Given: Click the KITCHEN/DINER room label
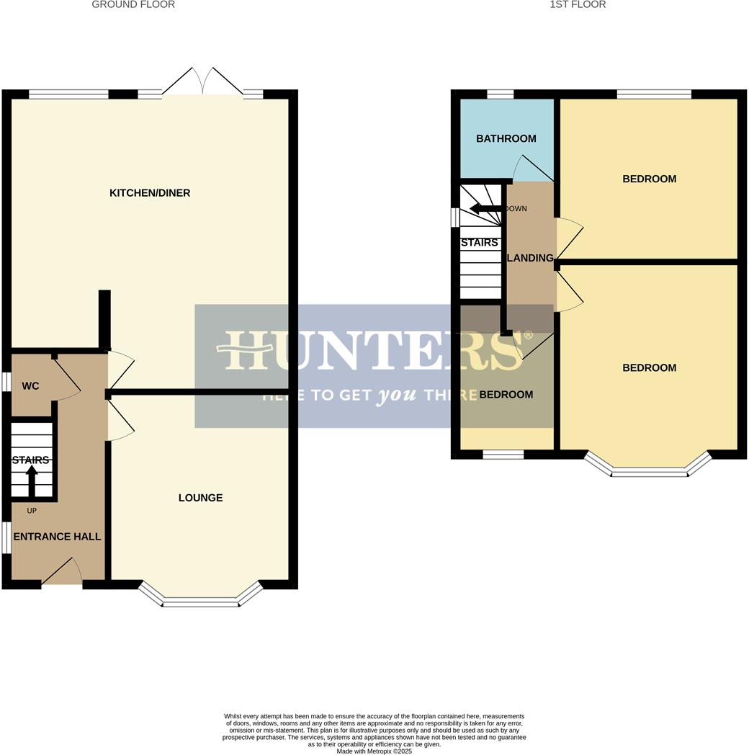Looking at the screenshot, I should click(150, 193).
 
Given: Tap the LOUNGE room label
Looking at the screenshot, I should click(200, 498).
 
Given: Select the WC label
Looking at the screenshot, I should click(30, 386).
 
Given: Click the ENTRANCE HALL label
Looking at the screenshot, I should click(57, 537).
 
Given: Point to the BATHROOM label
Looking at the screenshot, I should click(506, 138).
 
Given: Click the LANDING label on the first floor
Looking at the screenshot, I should click(531, 258).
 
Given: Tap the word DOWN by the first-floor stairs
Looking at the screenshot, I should click(516, 209).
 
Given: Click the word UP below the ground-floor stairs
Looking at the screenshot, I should click(32, 511).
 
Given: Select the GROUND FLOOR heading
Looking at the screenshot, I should click(133, 4).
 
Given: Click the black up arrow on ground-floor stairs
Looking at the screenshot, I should click(32, 480).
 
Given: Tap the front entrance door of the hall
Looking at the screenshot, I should click(63, 573).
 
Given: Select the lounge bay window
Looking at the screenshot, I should click(200, 601).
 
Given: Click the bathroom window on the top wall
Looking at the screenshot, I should click(500, 94).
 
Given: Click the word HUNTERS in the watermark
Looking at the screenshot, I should click(374, 351).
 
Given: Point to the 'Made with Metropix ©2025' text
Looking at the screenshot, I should click(374, 751).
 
